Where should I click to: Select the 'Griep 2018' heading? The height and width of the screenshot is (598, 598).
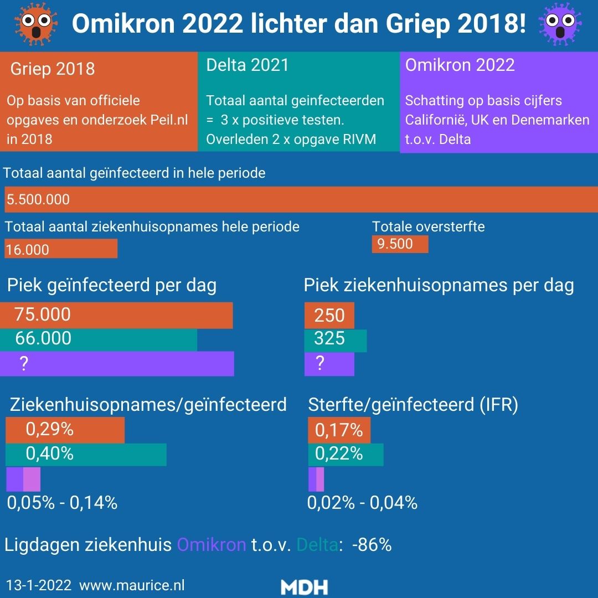click(x=53, y=69)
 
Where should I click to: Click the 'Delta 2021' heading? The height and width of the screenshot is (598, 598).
click(x=248, y=65)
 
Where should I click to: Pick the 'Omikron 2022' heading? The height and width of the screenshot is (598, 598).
click(x=460, y=65)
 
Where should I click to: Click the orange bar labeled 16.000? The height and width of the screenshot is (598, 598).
click(x=61, y=249)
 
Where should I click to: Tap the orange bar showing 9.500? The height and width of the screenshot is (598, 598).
click(x=400, y=244)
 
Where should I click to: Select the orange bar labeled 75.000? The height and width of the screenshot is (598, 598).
click(x=116, y=315)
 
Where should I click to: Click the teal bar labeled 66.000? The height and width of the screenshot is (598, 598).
click(x=99, y=338)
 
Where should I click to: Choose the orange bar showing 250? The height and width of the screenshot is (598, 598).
click(x=329, y=315)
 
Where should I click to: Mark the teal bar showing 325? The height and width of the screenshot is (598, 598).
click(x=336, y=339)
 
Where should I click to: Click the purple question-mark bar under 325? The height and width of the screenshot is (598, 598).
click(x=329, y=364)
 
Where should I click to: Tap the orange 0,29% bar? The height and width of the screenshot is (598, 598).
click(x=65, y=430)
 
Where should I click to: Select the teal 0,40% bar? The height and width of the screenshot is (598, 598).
click(x=86, y=454)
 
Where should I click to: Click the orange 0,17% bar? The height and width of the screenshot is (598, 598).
click(x=339, y=430)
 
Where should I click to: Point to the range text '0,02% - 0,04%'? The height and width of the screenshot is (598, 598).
click(x=362, y=502)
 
